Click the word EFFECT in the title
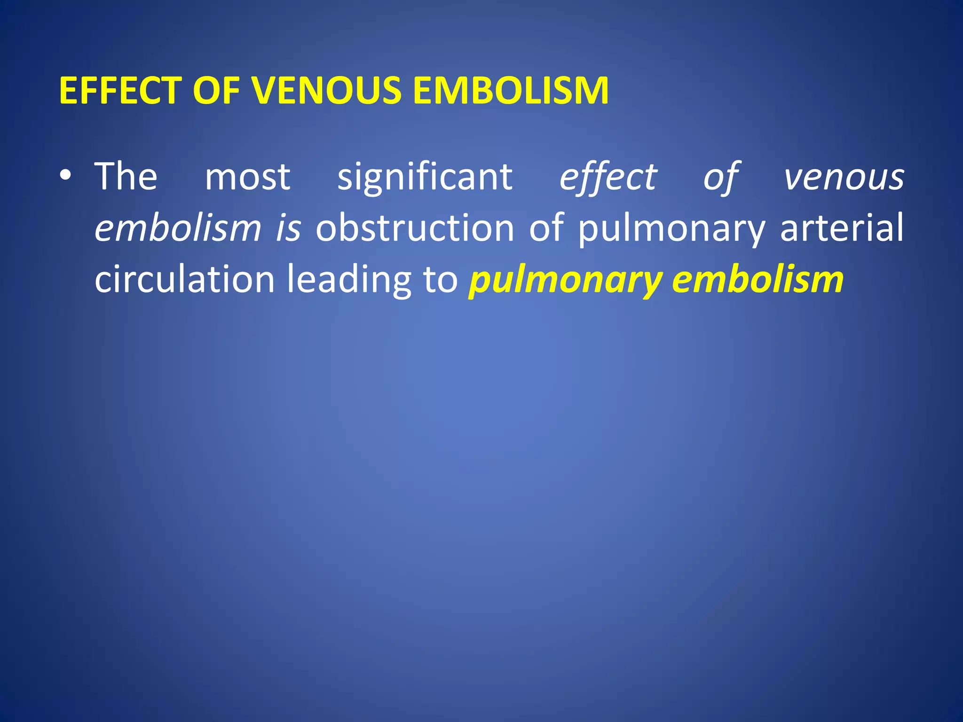point(120,90)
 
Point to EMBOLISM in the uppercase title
point(511,90)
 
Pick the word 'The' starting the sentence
point(126,176)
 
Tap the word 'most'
point(248,177)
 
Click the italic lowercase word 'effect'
point(608,177)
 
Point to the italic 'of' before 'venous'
point(720,177)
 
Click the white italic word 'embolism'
point(178,228)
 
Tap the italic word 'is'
point(288,228)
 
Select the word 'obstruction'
point(415,228)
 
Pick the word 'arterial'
point(842,228)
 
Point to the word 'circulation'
point(185,280)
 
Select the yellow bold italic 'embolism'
point(758,280)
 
